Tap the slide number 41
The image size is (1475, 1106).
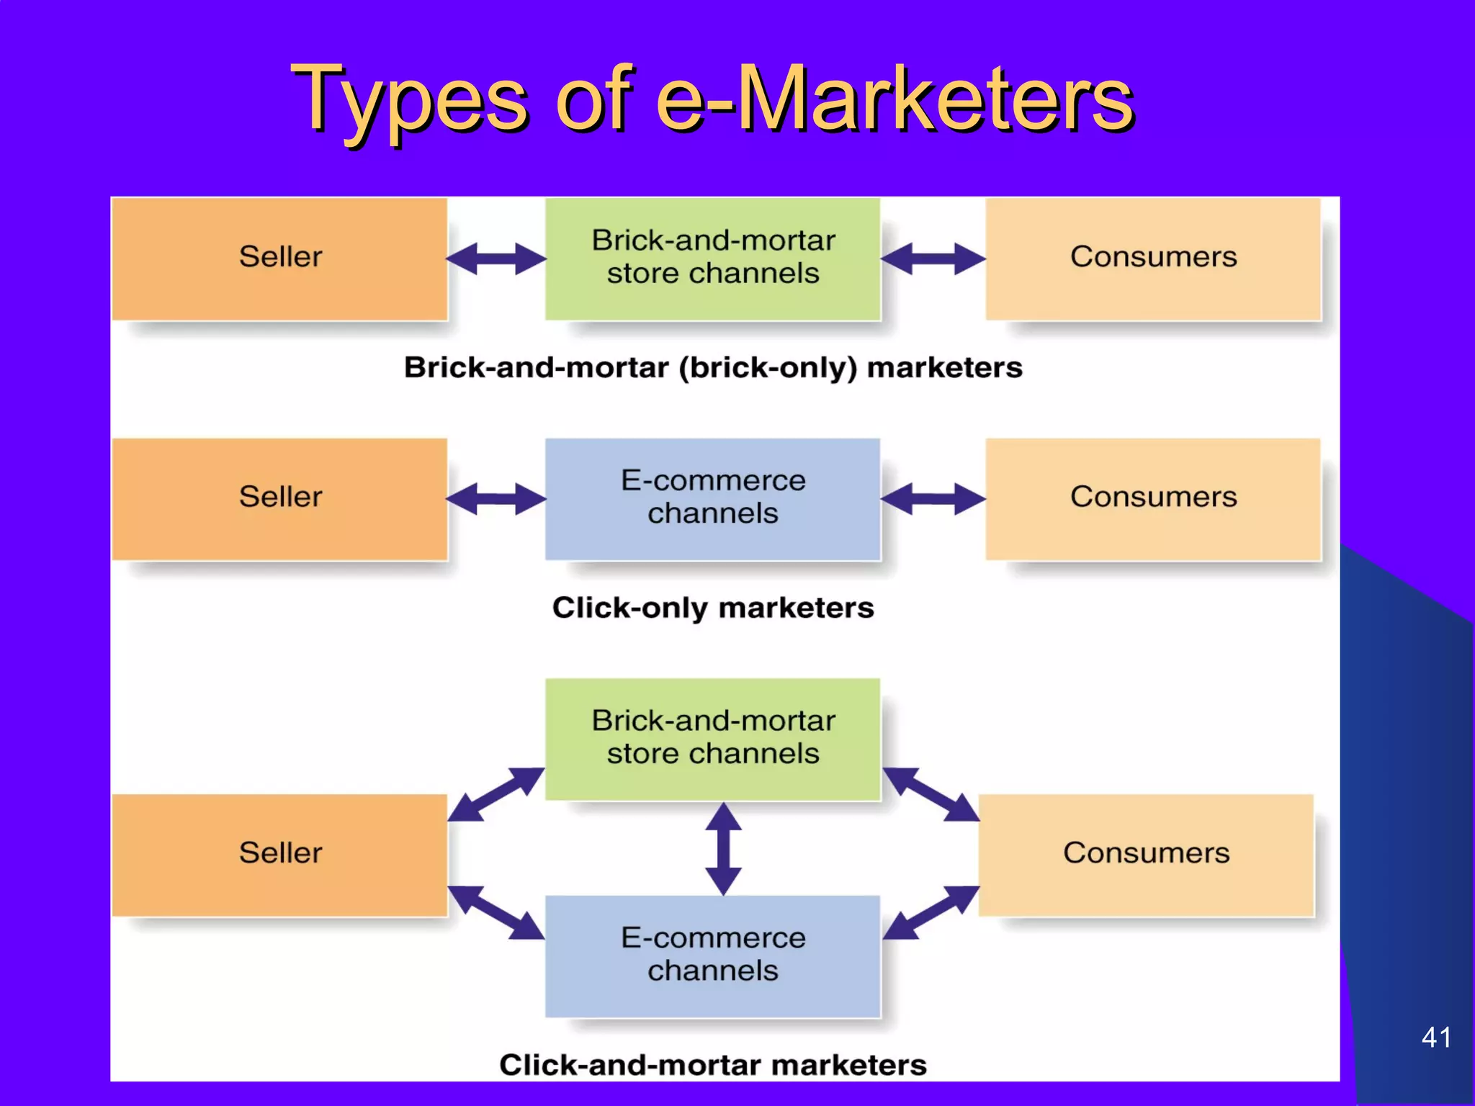pos(1435,1038)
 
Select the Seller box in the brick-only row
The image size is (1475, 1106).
pos(280,258)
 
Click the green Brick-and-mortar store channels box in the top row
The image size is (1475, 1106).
pos(712,258)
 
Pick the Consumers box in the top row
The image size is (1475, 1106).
pos(1153,258)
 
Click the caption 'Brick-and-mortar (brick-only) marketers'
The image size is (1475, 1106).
pos(712,368)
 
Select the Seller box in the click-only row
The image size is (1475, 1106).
pos(280,498)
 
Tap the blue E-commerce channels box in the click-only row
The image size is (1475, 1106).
pos(712,498)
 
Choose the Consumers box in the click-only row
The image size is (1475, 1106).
pos(1153,498)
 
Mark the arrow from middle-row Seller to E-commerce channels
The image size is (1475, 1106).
pos(496,499)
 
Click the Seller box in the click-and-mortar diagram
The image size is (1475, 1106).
pos(280,854)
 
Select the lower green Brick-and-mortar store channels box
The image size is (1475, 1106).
pos(712,738)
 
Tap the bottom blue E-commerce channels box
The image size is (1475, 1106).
pos(712,956)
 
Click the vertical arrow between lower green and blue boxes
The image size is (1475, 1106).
pos(723,849)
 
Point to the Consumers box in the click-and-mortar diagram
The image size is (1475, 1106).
pos(1146,854)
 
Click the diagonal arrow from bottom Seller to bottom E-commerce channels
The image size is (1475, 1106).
pos(496,912)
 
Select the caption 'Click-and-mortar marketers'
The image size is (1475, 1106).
pos(712,1065)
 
